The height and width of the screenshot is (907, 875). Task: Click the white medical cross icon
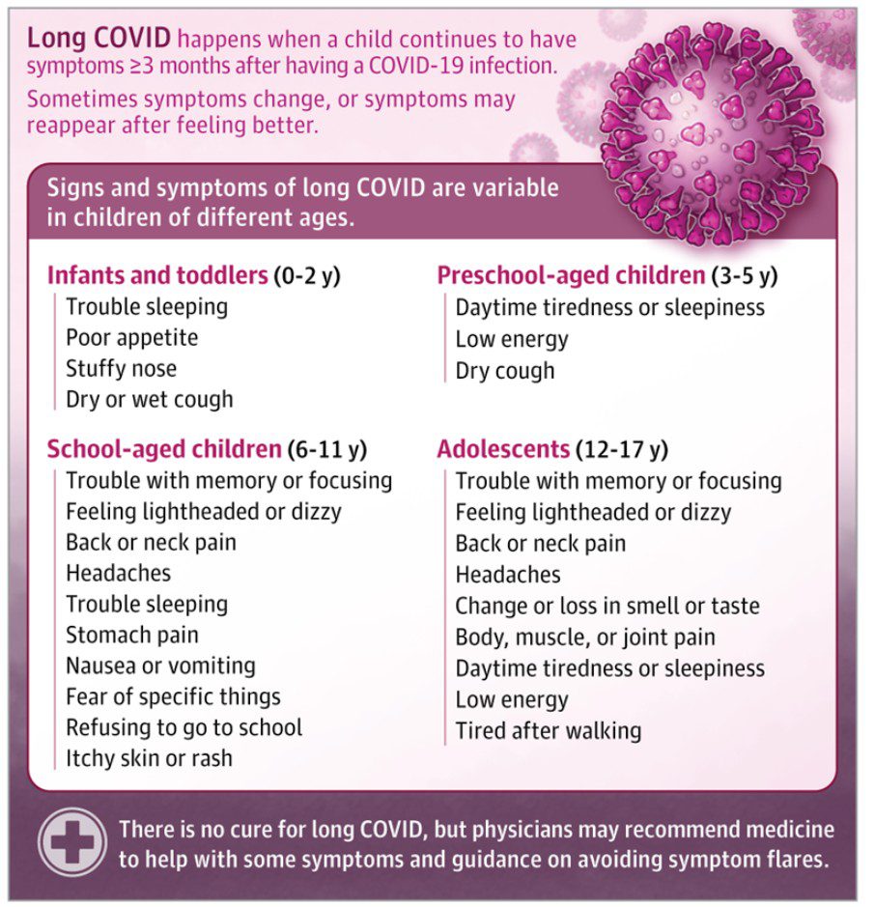[72, 842]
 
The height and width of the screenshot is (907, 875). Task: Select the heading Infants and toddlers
[157, 275]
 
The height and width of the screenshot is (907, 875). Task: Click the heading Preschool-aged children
[571, 275]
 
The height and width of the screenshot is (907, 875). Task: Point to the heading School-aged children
[164, 449]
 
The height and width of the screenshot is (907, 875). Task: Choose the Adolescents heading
[502, 449]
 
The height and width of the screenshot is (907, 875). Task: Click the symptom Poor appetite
[131, 338]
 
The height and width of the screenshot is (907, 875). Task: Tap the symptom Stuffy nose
[122, 369]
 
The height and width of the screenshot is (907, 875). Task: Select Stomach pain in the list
[132, 636]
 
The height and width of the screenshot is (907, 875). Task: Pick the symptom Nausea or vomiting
[160, 666]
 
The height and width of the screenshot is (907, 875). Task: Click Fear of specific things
[173, 696]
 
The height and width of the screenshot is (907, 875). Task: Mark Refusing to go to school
[183, 727]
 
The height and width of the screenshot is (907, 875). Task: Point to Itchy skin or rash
[149, 758]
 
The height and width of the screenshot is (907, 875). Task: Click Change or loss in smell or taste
[607, 607]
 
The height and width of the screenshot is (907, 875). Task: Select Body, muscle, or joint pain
[585, 638]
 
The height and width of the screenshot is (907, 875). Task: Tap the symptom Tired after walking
[549, 730]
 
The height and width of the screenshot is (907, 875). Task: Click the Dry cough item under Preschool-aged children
[505, 371]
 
